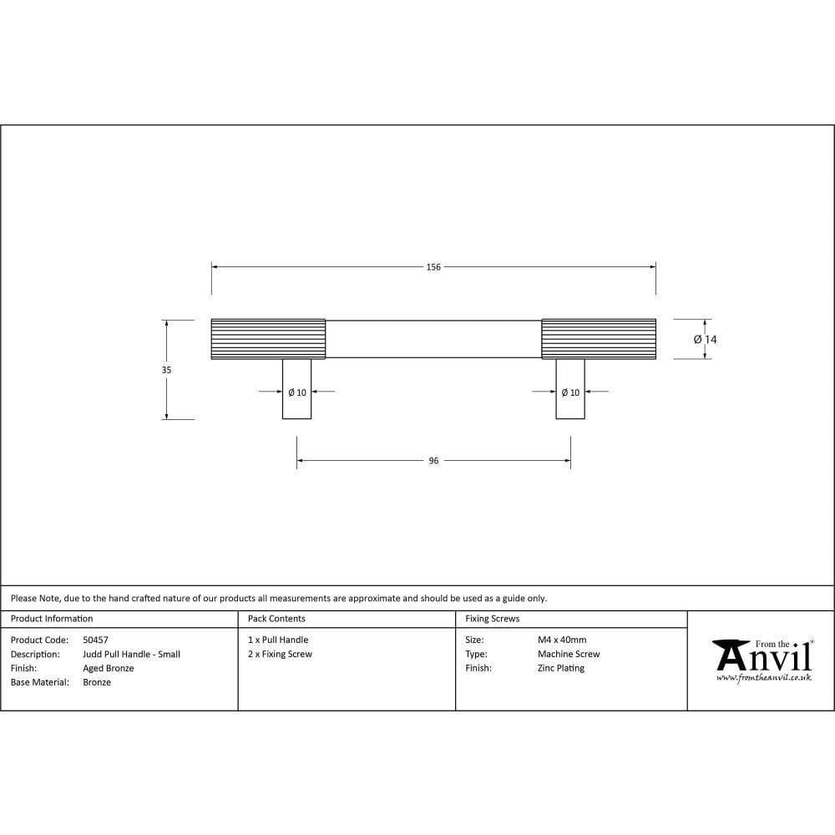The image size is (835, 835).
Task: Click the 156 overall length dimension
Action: (x=433, y=267)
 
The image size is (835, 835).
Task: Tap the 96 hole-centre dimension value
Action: (x=433, y=461)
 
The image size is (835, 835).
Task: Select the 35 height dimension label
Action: (x=166, y=370)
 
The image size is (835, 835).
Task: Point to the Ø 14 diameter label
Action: (x=705, y=340)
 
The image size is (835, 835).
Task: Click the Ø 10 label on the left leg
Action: (x=296, y=392)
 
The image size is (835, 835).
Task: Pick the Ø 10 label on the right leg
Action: (x=570, y=392)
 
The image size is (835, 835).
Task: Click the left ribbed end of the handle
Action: (x=268, y=339)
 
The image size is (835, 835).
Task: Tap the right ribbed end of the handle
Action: (x=598, y=339)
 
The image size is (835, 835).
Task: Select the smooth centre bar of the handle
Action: (x=433, y=339)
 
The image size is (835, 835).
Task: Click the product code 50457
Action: (x=95, y=640)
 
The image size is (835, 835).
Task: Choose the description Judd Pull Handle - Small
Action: (x=131, y=655)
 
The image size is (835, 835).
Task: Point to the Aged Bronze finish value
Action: (x=108, y=669)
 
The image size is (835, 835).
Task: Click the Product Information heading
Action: (x=52, y=619)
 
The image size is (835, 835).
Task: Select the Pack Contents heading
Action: (x=276, y=619)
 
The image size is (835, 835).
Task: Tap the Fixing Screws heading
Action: (x=492, y=619)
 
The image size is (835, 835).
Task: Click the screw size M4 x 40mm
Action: (x=562, y=640)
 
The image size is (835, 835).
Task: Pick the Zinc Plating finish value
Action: (x=560, y=669)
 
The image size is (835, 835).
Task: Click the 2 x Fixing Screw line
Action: (x=280, y=655)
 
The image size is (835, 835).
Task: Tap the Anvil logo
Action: (x=762, y=655)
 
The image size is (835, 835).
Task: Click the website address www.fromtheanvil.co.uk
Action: (x=763, y=678)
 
